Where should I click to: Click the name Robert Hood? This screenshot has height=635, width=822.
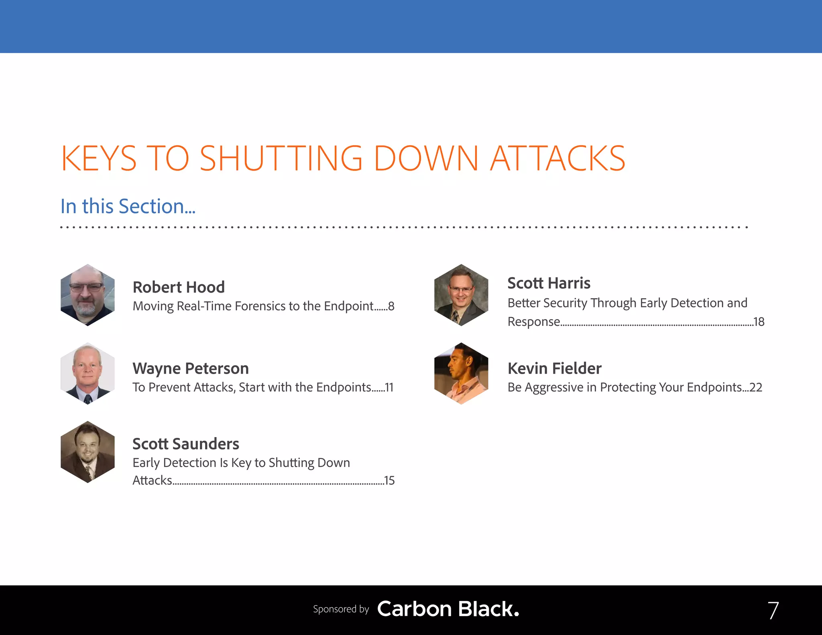pos(179,287)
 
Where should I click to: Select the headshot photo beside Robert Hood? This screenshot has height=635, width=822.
pos(87,295)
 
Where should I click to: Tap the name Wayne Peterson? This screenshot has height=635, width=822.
pos(191,368)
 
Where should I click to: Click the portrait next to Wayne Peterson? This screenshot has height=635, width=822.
pos(87,373)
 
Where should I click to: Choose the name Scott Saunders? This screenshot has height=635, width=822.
pos(186,444)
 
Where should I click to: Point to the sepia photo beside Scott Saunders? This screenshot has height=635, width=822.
pos(87,452)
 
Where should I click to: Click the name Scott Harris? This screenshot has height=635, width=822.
pos(549,283)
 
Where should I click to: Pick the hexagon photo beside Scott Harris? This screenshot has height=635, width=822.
pos(461,295)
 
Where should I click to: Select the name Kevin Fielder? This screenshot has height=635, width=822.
pos(554,368)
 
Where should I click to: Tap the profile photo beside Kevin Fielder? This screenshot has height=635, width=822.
pos(461,373)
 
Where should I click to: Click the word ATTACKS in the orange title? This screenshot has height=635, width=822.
pos(557,159)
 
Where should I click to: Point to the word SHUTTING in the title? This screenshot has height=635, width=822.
pos(281,159)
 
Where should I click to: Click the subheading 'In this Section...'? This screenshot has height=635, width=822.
pos(128,206)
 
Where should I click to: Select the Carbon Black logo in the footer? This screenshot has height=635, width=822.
pos(448,609)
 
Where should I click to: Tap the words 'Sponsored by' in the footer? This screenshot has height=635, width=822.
pos(341,609)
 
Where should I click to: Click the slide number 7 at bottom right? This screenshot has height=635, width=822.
pos(773,611)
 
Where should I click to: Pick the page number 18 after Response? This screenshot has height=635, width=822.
pos(759,322)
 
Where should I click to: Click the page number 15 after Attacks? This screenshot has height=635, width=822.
pos(389,480)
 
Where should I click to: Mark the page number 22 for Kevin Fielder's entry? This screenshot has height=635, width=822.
pos(755,387)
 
